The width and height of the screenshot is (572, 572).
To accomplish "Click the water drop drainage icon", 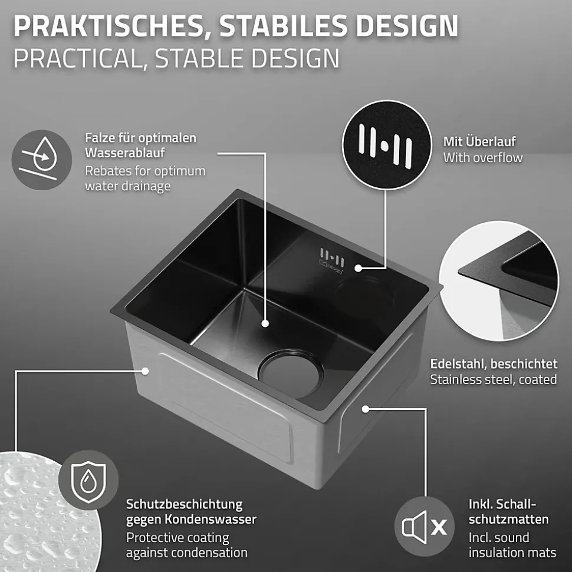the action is [x=42, y=160].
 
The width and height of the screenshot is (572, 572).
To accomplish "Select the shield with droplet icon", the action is [x=88, y=480].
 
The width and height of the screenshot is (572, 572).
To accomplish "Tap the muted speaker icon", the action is [x=425, y=527].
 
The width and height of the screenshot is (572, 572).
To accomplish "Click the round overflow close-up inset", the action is [x=387, y=145].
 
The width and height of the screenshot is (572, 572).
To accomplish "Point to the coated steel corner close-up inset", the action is [x=499, y=281].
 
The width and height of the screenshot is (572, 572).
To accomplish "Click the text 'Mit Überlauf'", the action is [x=479, y=141].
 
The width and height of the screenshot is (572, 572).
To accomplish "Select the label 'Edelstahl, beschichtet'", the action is [x=494, y=363].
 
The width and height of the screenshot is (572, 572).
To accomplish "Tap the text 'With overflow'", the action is [x=483, y=158].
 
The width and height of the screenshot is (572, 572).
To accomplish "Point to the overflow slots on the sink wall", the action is [x=331, y=257].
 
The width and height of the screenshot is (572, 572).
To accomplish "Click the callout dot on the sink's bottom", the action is [x=265, y=323].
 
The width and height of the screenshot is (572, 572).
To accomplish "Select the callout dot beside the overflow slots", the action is [x=359, y=268].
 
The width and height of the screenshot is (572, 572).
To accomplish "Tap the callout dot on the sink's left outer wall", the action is [x=145, y=371].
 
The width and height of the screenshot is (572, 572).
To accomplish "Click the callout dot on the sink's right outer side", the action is [x=366, y=409].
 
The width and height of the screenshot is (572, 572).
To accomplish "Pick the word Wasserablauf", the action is [x=125, y=153].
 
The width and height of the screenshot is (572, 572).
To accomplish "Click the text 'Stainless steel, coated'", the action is [x=494, y=380].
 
